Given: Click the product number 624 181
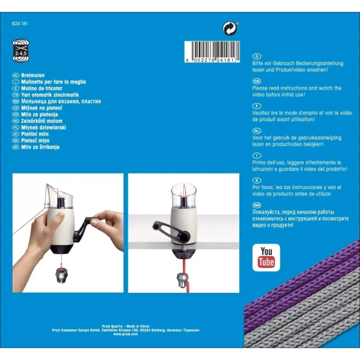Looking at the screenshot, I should pos(21,23).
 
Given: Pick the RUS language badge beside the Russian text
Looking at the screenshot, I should pos(257,205).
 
